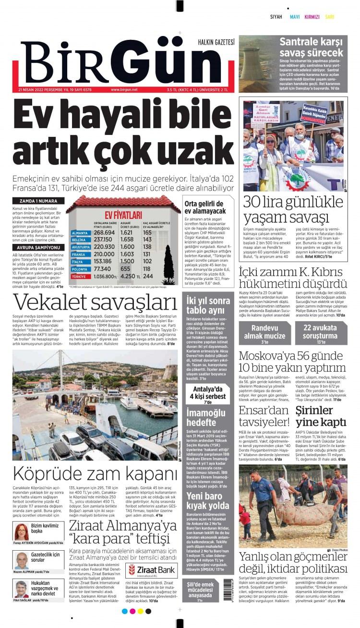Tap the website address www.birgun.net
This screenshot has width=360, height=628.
[x=124, y=89]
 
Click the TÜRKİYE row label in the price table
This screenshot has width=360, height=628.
[x=79, y=277]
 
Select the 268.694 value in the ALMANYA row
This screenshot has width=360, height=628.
[x=104, y=232]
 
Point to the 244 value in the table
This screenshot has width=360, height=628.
[x=148, y=276]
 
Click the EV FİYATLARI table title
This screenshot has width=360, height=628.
[x=123, y=215]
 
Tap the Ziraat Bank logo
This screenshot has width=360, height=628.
[x=147, y=571]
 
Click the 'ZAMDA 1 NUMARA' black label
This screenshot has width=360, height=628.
[x=36, y=200]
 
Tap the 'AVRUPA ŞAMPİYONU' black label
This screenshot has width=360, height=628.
[x=36, y=247]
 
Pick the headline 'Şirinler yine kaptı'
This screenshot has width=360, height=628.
[x=321, y=416]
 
